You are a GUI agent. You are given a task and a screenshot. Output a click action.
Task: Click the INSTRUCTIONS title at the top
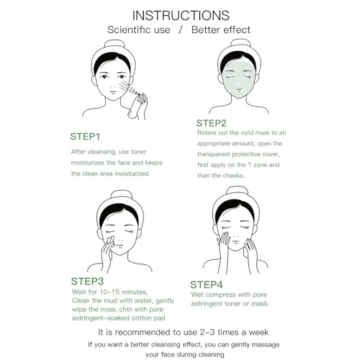[180, 14]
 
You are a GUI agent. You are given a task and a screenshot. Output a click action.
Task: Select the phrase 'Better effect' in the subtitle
[221, 30]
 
